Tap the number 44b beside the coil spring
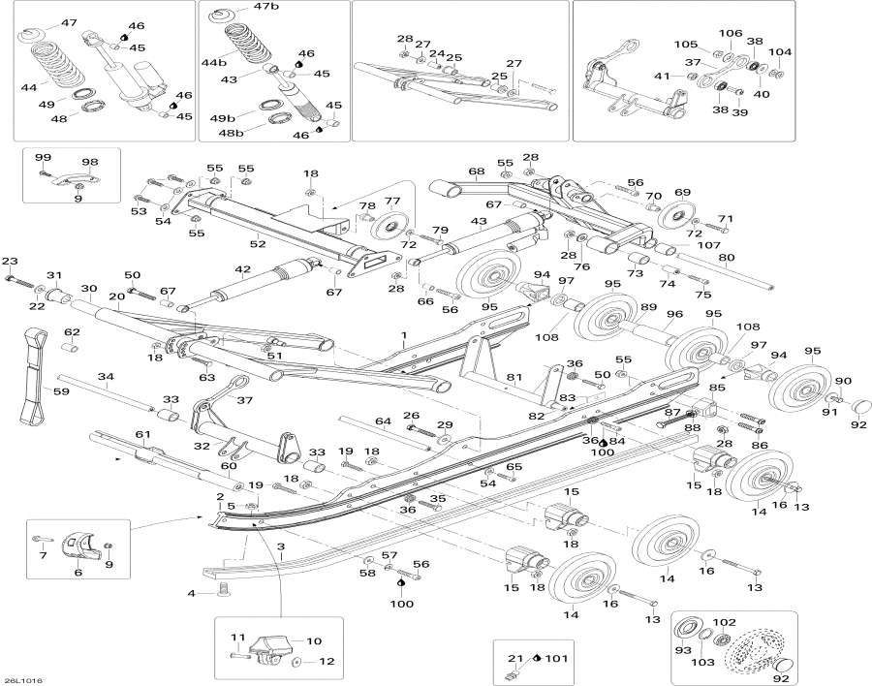pyautogui.click(x=213, y=62)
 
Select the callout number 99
pyautogui.click(x=43, y=157)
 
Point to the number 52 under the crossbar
pyautogui.click(x=258, y=244)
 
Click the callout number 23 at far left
pyautogui.click(x=10, y=262)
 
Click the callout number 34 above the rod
pyautogui.click(x=107, y=376)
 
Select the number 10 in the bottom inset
pyautogui.click(x=313, y=641)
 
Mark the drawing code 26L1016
pyautogui.click(x=22, y=680)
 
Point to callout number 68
pyautogui.click(x=476, y=171)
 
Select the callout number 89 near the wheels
pyautogui.click(x=648, y=308)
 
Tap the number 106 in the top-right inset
pyautogui.click(x=730, y=33)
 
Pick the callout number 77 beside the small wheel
pyautogui.click(x=392, y=202)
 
